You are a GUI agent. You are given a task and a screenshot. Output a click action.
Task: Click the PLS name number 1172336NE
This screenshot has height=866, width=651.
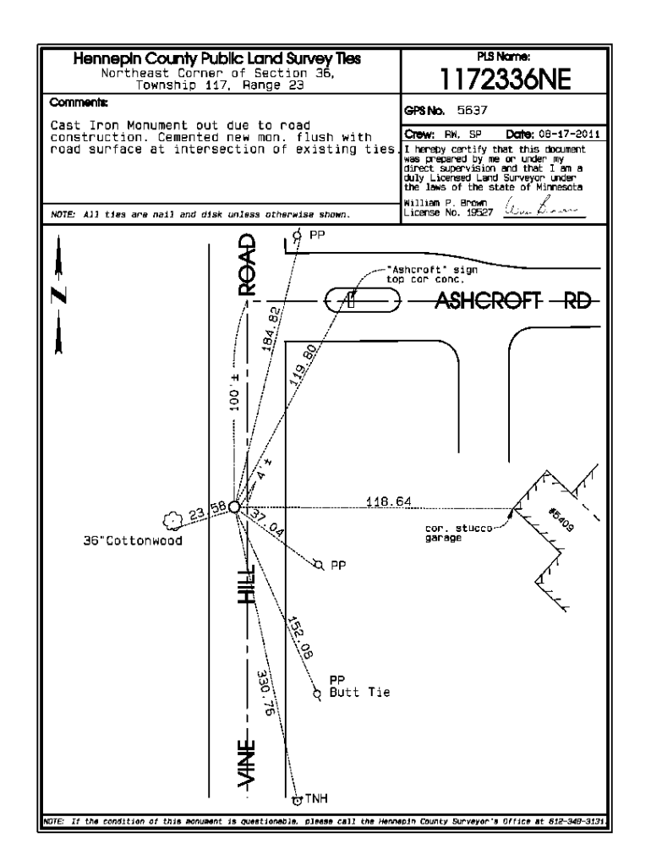[501, 81]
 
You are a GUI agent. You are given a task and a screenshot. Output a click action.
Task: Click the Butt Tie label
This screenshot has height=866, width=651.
[359, 693]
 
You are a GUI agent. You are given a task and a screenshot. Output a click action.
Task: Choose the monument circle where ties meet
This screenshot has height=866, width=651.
[234, 507]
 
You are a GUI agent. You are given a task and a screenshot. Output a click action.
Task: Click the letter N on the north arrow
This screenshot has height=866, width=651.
[57, 297]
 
